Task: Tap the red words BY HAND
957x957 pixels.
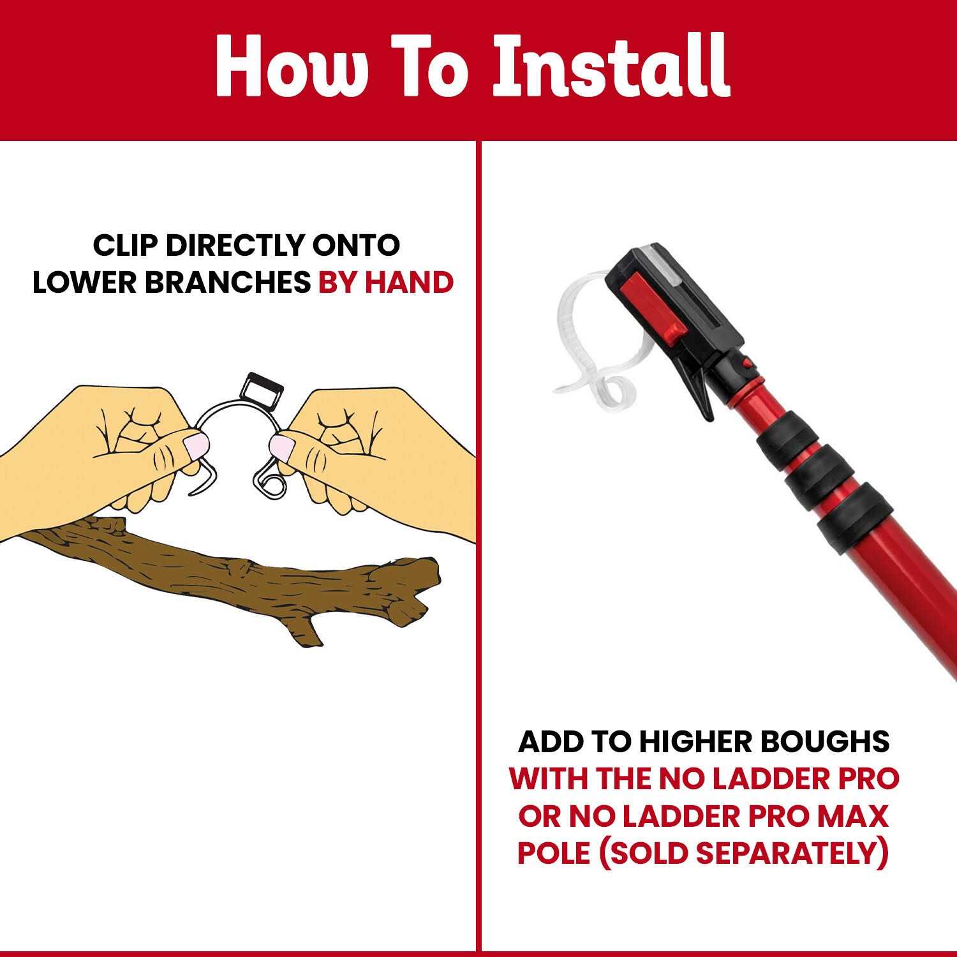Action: (386, 282)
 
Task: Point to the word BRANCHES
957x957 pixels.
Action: (227, 282)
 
